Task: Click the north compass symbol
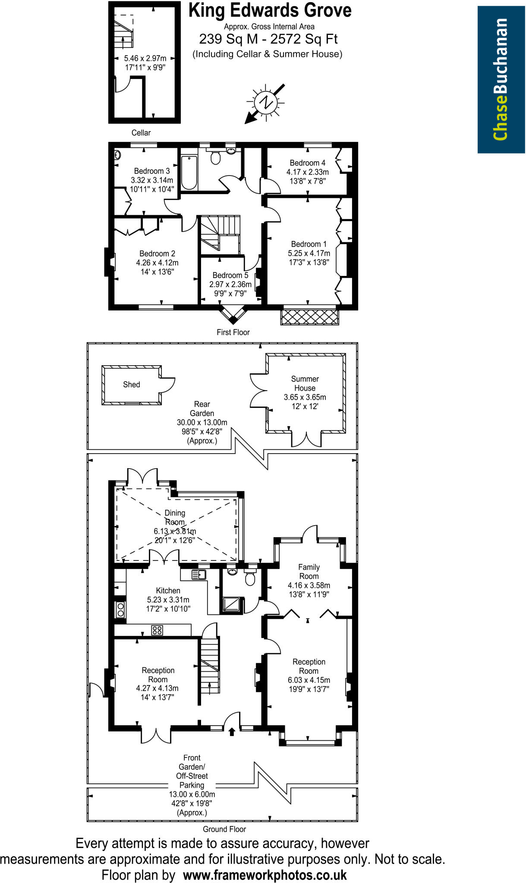(x=265, y=103)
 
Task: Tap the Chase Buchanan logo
(x=501, y=79)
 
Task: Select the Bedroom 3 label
(x=151, y=171)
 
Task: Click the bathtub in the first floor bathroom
(x=189, y=173)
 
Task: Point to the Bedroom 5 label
(x=230, y=275)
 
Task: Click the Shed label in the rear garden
(x=132, y=385)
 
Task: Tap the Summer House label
(x=305, y=383)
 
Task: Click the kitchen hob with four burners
(x=157, y=630)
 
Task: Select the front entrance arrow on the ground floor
(x=232, y=731)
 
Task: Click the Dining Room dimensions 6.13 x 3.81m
(x=175, y=531)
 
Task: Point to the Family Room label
(x=309, y=572)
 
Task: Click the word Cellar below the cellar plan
(x=141, y=133)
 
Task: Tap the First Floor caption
(x=233, y=332)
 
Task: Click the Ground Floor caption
(x=224, y=829)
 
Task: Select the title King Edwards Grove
(x=270, y=10)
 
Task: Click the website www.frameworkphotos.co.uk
(x=265, y=875)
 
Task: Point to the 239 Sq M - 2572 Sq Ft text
(x=268, y=39)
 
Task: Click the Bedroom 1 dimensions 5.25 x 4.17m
(x=309, y=253)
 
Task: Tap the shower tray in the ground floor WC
(x=233, y=605)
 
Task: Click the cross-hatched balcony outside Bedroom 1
(x=309, y=317)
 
